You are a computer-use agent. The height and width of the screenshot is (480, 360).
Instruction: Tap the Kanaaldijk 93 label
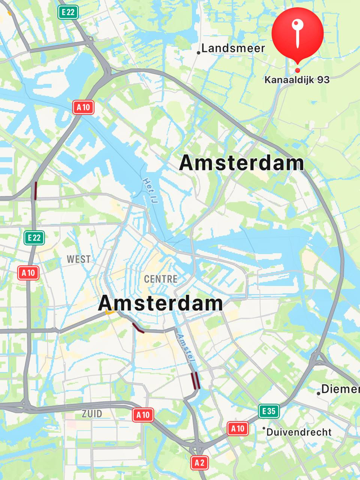(297, 80)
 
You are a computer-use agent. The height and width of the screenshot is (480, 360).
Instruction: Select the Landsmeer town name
(233, 48)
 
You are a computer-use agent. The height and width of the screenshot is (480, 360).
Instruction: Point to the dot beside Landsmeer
(199, 53)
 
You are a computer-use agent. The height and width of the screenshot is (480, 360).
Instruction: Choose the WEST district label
(78, 259)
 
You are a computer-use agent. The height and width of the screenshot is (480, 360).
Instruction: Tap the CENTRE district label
(160, 279)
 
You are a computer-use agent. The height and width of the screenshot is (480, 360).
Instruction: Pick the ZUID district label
(92, 414)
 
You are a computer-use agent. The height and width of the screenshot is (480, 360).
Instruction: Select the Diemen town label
(340, 389)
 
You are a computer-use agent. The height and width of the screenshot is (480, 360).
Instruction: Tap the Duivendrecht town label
(299, 432)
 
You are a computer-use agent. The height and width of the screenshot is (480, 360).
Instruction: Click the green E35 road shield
(269, 411)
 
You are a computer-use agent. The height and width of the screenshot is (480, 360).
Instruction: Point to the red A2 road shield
(199, 463)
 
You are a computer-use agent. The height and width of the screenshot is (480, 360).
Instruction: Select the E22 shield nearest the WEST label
(34, 237)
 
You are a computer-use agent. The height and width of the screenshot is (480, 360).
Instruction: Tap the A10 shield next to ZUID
(143, 415)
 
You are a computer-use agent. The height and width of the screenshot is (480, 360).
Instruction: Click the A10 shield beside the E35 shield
(238, 429)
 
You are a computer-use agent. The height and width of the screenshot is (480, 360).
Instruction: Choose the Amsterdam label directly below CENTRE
(160, 304)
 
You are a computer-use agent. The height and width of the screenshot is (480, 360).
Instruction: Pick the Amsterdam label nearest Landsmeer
(241, 164)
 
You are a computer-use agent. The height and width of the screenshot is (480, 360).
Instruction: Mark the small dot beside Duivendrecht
(263, 428)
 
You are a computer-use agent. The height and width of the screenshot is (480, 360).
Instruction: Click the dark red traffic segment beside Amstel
(195, 381)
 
